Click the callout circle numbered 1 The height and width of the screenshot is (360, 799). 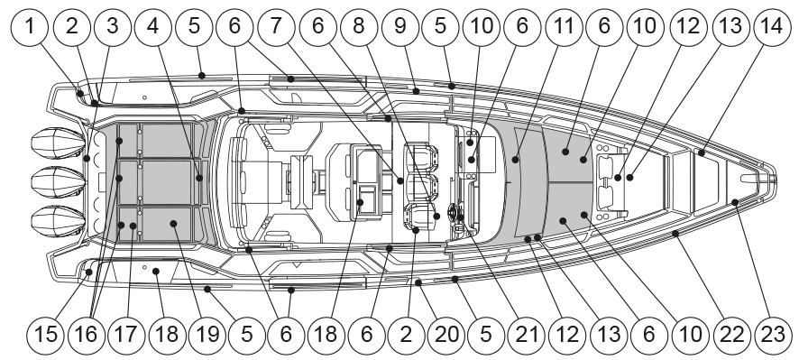(x=30, y=26)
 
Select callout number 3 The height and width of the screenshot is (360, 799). (x=112, y=26)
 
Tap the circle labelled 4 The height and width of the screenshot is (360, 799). (x=153, y=26)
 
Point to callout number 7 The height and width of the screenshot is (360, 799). (x=277, y=26)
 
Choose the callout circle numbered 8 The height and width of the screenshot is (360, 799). (x=359, y=26)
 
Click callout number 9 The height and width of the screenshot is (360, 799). (x=400, y=26)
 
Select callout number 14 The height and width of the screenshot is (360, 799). (x=773, y=26)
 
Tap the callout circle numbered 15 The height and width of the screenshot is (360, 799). (x=46, y=335)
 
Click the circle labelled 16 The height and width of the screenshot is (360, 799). (x=86, y=335)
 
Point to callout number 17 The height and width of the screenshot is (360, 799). (x=126, y=335)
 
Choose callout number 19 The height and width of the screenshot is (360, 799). (x=207, y=335)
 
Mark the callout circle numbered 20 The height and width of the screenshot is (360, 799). (x=447, y=335)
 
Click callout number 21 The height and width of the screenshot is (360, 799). (x=528, y=335)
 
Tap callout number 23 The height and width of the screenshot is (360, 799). (x=773, y=335)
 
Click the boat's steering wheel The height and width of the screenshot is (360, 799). (x=455, y=213)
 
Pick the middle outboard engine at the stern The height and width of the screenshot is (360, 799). (x=57, y=181)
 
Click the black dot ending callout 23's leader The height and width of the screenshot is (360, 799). (x=735, y=202)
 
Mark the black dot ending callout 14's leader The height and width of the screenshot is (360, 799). (x=702, y=153)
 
